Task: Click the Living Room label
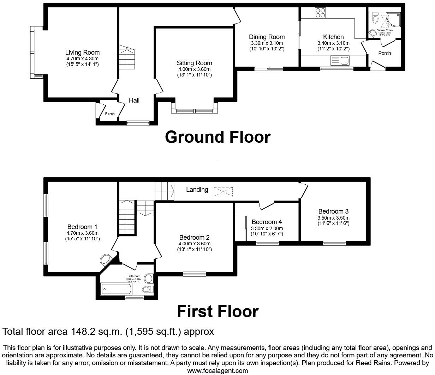coord(82,53)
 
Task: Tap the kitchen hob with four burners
coord(321,13)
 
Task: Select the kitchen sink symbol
coord(340,61)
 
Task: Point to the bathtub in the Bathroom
coord(116,290)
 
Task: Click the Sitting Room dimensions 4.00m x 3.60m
coord(194,69)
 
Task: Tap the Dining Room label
coord(267,37)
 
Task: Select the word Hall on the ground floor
coord(134,100)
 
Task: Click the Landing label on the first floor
coord(197,190)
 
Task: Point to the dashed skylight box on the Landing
coord(223,191)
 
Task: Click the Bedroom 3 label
coord(333,211)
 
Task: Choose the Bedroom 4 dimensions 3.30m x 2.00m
coord(267,228)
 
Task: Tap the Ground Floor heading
coord(218,137)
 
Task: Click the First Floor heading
coord(218,312)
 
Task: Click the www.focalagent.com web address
coord(217,370)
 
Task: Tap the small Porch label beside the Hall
coord(110,114)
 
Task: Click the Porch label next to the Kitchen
coord(385,53)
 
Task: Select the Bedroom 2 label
coord(194,238)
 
